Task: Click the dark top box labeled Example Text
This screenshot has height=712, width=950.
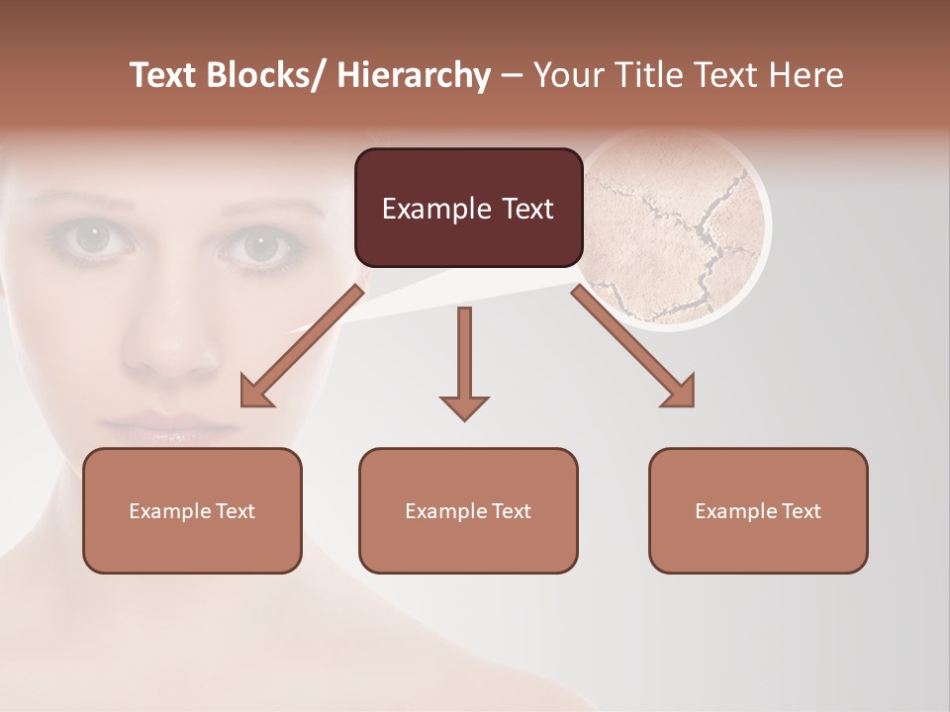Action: (468, 208)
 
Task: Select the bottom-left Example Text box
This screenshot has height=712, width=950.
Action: (192, 510)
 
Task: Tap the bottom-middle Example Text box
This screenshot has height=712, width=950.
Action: (468, 510)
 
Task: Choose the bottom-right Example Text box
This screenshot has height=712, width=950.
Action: (758, 510)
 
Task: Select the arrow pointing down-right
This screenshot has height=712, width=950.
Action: (634, 347)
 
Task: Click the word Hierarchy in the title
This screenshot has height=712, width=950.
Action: (414, 75)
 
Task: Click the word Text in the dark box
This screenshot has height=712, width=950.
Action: (525, 209)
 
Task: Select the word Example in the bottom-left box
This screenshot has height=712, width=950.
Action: (165, 511)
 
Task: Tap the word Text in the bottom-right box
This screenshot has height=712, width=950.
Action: (801, 511)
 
